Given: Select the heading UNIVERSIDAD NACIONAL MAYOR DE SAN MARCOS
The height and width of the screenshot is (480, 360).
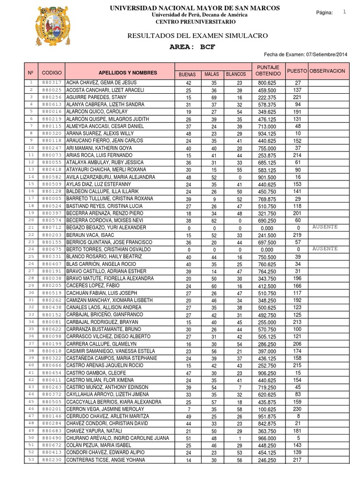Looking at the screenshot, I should click(195, 8).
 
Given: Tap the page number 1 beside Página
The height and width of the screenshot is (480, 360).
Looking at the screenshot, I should click(345, 12).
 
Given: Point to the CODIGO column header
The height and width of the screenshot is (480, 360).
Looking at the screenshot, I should click(52, 73).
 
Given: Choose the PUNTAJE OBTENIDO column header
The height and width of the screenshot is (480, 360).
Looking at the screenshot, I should click(269, 71).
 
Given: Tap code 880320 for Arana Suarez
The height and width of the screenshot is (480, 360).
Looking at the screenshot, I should click(52, 133).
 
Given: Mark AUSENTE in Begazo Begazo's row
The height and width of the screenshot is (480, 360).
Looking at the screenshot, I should click(325, 227).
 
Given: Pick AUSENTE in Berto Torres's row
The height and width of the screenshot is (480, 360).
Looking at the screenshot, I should click(325, 248).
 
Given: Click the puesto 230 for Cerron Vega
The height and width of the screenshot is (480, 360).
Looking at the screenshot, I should click(298, 409).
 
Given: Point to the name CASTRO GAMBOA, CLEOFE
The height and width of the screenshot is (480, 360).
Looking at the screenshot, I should click(93, 373).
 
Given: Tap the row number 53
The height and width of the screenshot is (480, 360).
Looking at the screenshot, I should click(31, 460).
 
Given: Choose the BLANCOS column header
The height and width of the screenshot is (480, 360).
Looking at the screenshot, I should click(236, 75).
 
